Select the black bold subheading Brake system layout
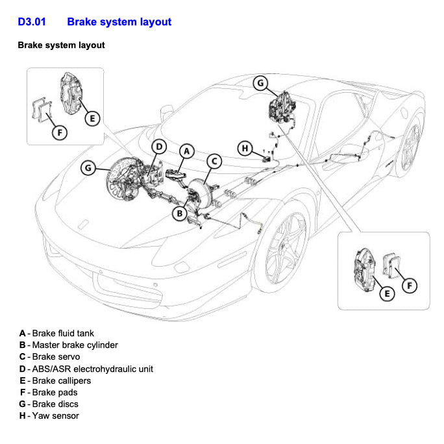[x=61, y=45]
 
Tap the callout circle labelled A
[x=186, y=151]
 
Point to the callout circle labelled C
[x=214, y=161]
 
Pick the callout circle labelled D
[x=160, y=146]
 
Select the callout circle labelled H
[x=245, y=149]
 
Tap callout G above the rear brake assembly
[x=260, y=82]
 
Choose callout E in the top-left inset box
[x=92, y=117]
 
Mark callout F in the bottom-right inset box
[x=409, y=285]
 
